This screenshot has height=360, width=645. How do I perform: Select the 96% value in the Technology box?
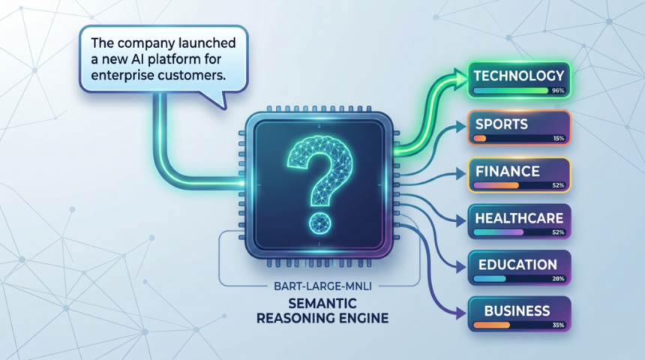coord(556,91)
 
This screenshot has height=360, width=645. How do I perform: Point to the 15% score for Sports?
coord(558,139)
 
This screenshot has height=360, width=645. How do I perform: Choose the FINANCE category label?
coord(507,171)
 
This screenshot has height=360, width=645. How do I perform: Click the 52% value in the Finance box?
coord(558,185)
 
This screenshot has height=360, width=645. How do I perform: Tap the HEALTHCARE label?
coord(518,218)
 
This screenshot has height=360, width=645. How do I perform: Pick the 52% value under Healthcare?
coord(558,232)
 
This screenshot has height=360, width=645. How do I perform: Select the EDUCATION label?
coord(516,265)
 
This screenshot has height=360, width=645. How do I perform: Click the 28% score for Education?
coord(558,280)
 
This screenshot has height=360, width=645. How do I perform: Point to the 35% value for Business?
coord(558,325)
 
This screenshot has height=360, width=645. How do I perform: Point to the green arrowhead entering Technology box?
coord(458,75)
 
